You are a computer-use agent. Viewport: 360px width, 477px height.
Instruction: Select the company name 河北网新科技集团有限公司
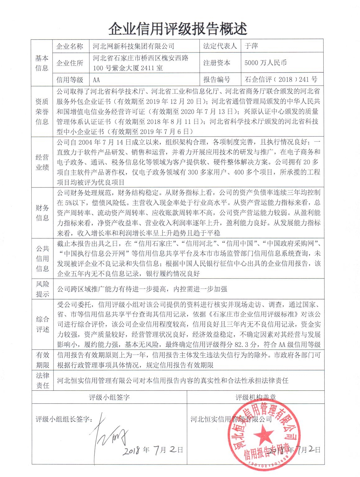[134, 47]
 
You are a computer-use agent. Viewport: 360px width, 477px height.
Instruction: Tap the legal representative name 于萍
[251, 46]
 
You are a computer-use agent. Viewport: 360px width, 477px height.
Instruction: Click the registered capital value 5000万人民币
[265, 63]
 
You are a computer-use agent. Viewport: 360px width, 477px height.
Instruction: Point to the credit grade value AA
[96, 80]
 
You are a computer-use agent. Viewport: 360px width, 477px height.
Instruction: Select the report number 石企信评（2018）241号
[281, 79]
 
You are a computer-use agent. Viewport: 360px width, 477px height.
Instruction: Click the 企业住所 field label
[70, 63]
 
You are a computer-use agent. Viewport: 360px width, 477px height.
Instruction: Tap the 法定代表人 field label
[220, 46]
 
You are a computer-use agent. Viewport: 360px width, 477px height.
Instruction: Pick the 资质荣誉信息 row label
[42, 111]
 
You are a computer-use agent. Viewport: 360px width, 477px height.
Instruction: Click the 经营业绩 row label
[42, 162]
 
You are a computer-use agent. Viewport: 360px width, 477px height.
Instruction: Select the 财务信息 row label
[42, 213]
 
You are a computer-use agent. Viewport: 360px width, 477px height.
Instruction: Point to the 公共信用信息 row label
[42, 259]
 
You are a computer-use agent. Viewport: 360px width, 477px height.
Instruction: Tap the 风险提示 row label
[42, 289]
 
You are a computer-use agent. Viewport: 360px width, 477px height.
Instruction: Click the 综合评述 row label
[42, 324]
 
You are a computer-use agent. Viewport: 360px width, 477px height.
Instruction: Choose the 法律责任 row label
[42, 380]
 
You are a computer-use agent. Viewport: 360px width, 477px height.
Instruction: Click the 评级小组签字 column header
[109, 397]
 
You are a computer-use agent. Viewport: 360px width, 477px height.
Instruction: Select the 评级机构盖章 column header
[255, 397]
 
